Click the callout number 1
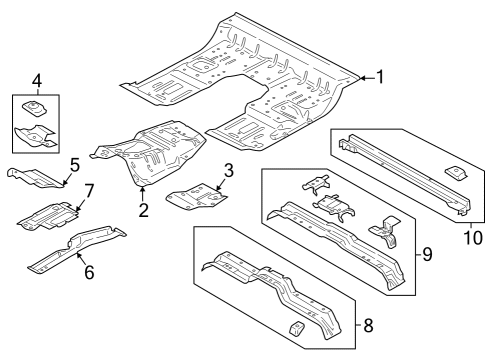click(380, 76)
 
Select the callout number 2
click(144, 210)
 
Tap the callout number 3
click(228, 170)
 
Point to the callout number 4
click(37, 79)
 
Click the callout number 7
click(89, 190)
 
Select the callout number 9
click(427, 255)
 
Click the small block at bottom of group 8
click(298, 327)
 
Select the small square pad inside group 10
click(451, 171)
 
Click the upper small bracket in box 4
click(35, 108)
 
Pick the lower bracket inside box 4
click(36, 134)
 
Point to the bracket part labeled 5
click(35, 176)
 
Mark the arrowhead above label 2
click(143, 190)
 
